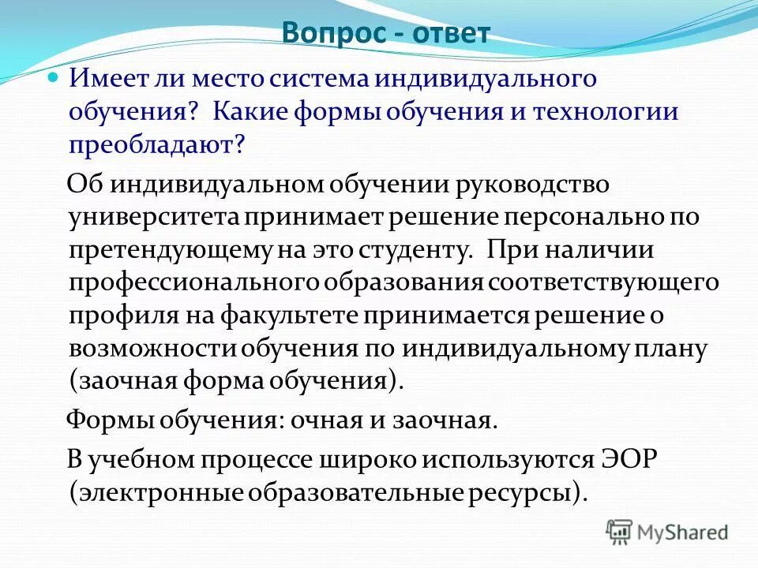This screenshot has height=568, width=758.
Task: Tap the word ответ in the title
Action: (x=450, y=33)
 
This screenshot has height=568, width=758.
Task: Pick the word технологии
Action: (x=605, y=111)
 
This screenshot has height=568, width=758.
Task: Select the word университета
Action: (x=154, y=216)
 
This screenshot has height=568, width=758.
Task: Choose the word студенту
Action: (x=425, y=249)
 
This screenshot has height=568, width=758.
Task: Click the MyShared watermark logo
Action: (x=667, y=532)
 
